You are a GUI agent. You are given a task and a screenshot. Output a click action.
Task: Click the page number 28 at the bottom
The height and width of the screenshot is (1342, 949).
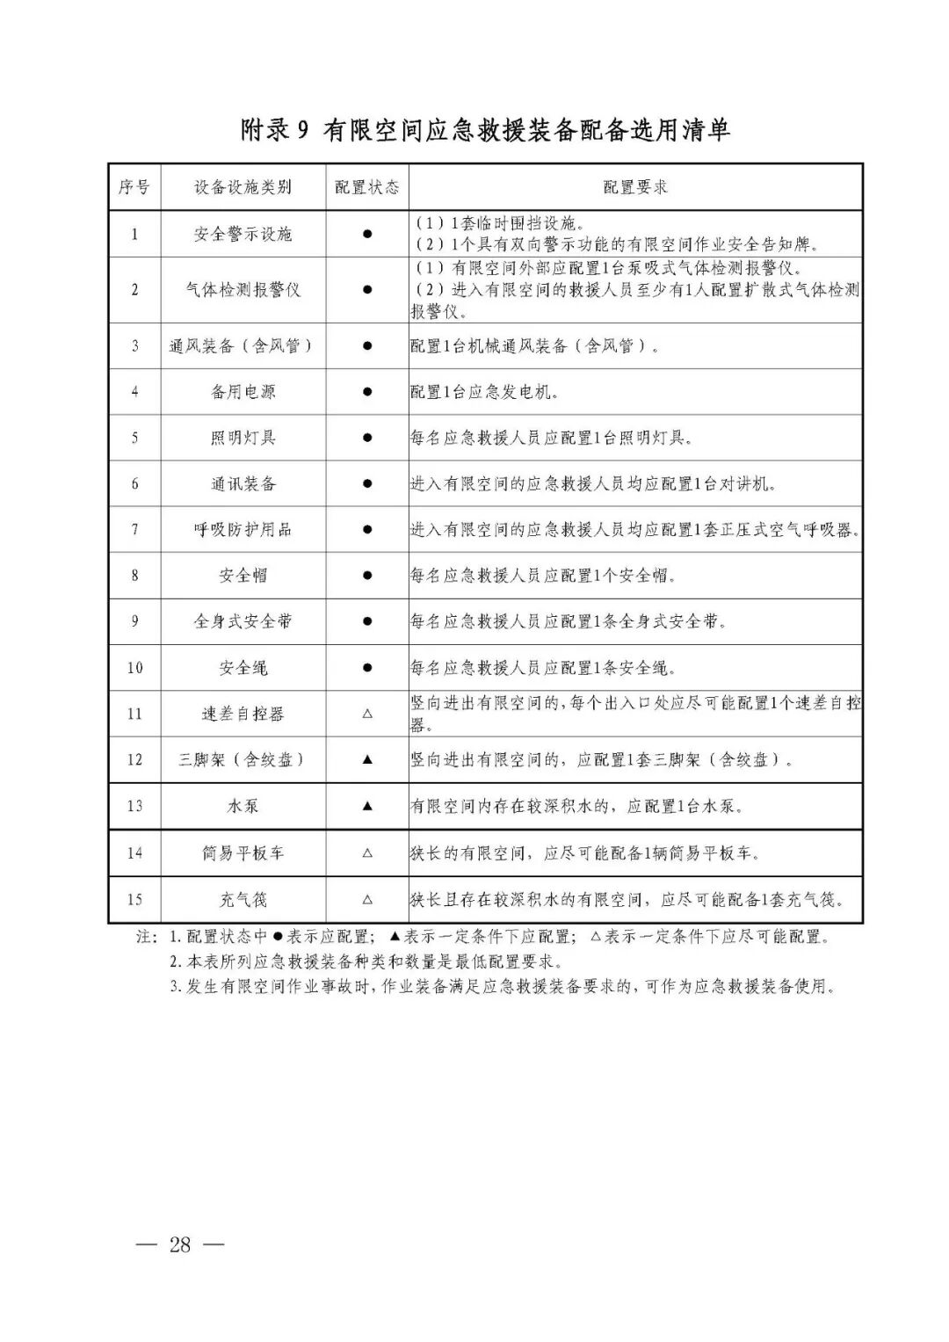pos(180,1244)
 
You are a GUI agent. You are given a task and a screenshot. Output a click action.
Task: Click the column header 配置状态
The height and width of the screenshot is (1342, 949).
pos(366,187)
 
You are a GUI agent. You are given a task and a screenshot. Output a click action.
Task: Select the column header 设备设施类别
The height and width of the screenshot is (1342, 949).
pos(243,187)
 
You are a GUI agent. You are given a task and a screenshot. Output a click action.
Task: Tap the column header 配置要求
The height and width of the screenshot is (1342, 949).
pos(635,187)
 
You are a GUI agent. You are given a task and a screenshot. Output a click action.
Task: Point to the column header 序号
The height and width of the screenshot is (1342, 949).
pos(134,187)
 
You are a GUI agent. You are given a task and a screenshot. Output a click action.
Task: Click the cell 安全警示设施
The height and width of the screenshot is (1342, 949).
pos(243,234)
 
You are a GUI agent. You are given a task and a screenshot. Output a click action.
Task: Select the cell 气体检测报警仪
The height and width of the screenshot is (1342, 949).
pos(243,289)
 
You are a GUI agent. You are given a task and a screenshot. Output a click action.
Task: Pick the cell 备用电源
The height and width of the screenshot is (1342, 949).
pos(243,392)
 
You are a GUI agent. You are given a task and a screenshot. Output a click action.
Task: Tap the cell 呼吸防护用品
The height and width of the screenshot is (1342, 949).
pos(243,529)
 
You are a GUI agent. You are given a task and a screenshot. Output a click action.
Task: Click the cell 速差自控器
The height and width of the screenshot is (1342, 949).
pos(243,714)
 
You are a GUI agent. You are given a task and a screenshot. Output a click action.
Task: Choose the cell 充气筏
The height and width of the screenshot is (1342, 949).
pos(243,899)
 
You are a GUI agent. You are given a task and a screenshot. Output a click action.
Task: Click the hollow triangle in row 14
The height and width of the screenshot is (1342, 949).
pos(367,852)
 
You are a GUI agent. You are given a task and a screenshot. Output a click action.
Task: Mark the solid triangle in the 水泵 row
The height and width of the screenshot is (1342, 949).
pos(367,806)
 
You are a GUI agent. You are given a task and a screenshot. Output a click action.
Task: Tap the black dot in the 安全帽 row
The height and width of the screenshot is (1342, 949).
pos(367,576)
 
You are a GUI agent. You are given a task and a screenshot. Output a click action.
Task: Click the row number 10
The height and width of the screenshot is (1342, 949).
pos(134,668)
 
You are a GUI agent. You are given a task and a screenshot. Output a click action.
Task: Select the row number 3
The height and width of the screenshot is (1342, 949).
pos(134,345)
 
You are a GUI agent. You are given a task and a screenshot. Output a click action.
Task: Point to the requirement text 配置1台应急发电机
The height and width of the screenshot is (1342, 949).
pos(484,392)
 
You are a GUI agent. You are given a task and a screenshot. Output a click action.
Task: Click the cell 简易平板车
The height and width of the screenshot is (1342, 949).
pos(243,852)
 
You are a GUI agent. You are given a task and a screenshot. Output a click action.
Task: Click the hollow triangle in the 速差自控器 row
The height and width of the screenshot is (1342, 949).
pos(367,714)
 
